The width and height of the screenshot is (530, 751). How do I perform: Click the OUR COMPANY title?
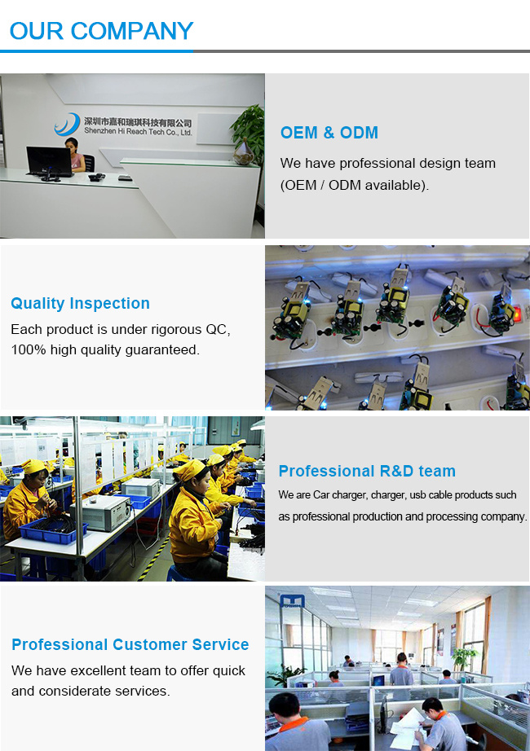tap(101, 31)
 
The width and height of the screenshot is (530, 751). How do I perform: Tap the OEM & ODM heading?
tap(329, 133)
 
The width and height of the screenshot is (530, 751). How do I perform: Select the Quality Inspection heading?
tap(80, 303)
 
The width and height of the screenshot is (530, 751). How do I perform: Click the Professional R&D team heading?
tap(367, 471)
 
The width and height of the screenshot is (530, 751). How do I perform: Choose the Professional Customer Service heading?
tap(130, 644)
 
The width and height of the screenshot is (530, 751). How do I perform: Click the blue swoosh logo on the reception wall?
tap(67, 125)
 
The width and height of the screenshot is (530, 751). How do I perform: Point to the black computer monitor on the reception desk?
tap(49, 162)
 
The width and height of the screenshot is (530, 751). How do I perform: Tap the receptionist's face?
tap(73, 146)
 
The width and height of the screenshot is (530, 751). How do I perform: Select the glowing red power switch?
tap(517, 314)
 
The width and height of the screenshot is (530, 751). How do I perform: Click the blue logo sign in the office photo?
tap(292, 602)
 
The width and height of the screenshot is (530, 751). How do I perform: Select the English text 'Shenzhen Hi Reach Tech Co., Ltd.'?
tap(138, 131)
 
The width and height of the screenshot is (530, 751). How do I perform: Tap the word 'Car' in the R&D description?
tap(321, 494)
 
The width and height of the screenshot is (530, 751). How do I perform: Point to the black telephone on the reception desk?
tap(96, 178)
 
